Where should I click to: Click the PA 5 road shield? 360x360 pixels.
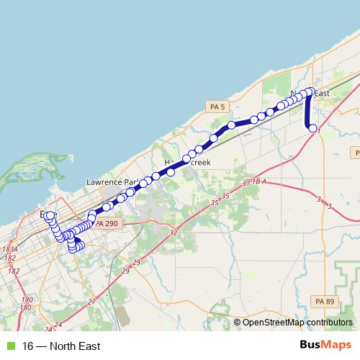(x=217, y=107)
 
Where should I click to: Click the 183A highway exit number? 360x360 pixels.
(x=9, y=249)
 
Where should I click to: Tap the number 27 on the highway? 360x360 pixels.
(x=91, y=302)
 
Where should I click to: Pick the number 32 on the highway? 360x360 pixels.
(x=173, y=233)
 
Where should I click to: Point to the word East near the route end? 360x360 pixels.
(x=321, y=94)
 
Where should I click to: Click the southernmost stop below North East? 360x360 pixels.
(x=312, y=128)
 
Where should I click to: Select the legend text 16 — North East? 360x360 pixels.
(x=61, y=346)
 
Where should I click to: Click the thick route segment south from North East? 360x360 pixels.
(x=309, y=112)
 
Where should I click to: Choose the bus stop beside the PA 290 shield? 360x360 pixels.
(x=92, y=217)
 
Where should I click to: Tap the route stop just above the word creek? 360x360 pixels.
(x=198, y=149)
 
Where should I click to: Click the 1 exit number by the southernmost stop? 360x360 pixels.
(x=318, y=131)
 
